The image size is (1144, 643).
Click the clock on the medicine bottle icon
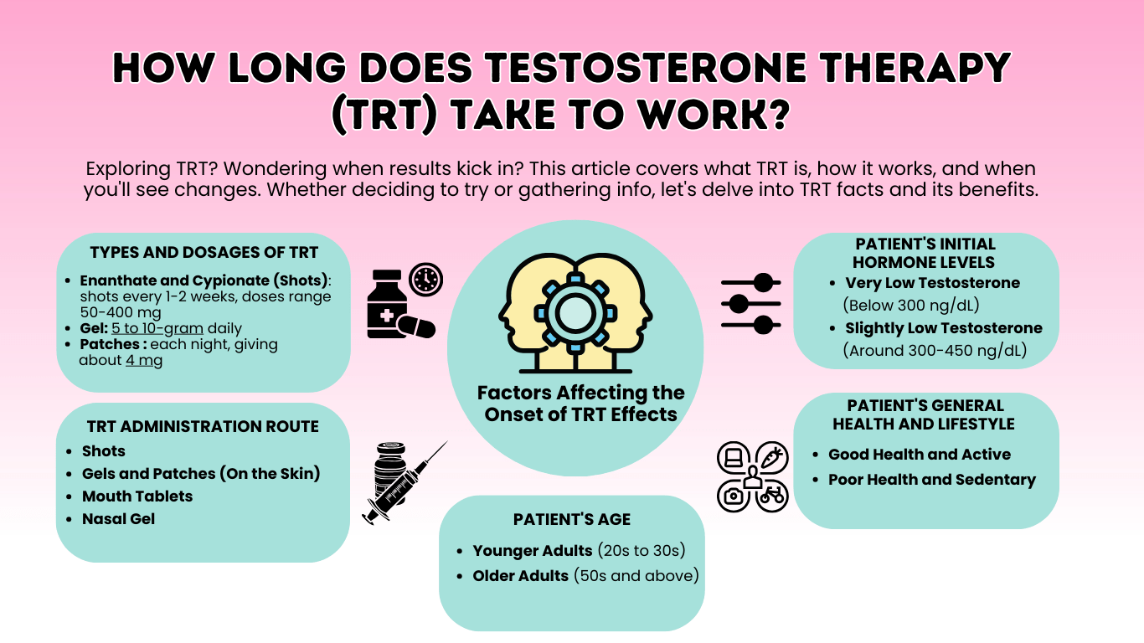click(426, 279)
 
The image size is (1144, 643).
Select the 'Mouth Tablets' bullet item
click(137, 496)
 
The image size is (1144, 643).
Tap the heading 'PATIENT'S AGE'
click(571, 520)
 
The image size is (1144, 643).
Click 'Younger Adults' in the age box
click(533, 551)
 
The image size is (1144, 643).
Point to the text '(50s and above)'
click(636, 576)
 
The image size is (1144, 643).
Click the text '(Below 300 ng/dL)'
click(911, 305)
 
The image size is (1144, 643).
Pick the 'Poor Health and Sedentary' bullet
click(932, 480)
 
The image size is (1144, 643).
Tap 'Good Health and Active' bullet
click(920, 455)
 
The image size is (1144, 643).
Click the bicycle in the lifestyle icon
click(771, 495)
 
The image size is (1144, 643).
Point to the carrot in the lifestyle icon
click(771, 457)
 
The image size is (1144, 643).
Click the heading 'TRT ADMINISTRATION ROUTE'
click(203, 426)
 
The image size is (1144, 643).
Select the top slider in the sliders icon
click(751, 282)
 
